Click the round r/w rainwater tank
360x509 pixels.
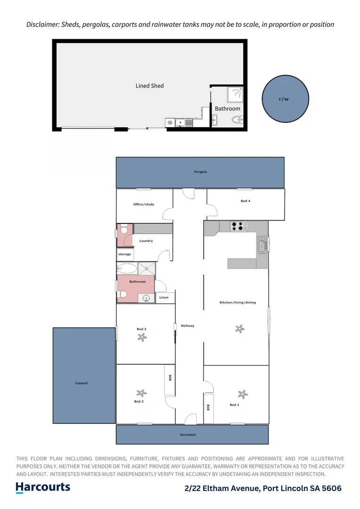(x=285, y=99)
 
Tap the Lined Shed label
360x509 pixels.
(x=149, y=86)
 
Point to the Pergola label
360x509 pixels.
(x=200, y=172)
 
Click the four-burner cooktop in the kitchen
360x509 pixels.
(x=239, y=226)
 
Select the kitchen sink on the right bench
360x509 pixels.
(x=262, y=244)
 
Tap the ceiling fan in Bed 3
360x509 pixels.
(x=141, y=337)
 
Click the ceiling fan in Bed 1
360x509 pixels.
(x=243, y=394)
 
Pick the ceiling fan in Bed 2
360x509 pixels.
(x=140, y=393)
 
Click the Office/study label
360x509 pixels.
(x=144, y=205)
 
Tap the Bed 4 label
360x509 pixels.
(x=245, y=201)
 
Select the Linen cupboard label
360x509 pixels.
(x=164, y=298)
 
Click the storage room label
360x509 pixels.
(x=125, y=254)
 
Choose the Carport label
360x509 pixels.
(x=82, y=383)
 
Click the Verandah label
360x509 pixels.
(x=188, y=435)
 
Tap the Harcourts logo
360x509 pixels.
(x=43, y=487)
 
